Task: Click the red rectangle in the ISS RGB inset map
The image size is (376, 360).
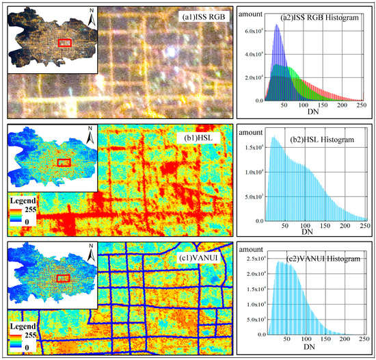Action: coord(65,43)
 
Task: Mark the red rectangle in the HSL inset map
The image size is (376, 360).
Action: coord(64,162)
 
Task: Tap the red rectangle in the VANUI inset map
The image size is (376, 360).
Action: coord(64,279)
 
